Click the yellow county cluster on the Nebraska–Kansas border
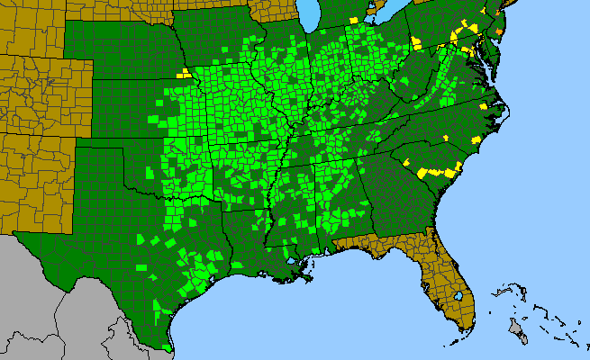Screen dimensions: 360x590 184,73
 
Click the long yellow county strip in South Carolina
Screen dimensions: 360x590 438,169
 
